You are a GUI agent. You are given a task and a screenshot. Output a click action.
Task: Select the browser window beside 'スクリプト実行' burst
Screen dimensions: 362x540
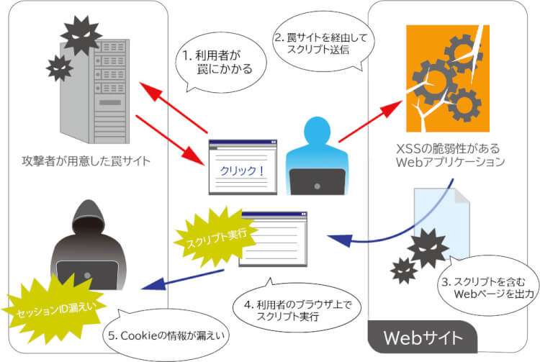(273, 238)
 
